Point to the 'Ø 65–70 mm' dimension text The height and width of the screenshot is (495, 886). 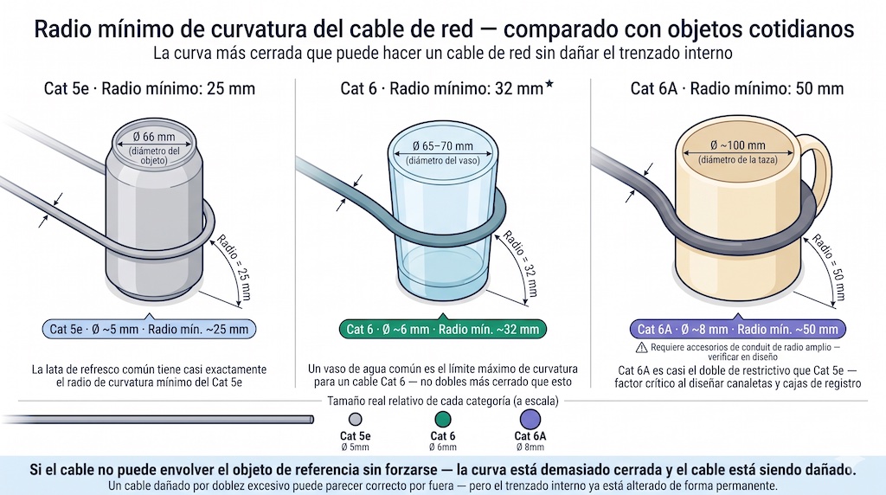[x=442, y=145]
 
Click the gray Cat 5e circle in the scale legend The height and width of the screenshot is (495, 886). [x=355, y=420]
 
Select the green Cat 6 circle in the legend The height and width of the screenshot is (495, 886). [x=443, y=420]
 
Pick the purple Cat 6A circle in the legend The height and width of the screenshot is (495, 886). [x=530, y=420]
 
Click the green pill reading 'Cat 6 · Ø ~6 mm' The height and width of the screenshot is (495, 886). [x=442, y=329]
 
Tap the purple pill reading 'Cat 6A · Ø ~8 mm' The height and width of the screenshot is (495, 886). [x=737, y=329]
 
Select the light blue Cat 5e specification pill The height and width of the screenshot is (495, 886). [x=149, y=329]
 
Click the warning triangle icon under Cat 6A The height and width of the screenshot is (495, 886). [x=641, y=347]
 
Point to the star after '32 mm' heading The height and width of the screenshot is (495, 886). [x=549, y=85]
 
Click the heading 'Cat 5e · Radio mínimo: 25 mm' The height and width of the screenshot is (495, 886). [x=149, y=88]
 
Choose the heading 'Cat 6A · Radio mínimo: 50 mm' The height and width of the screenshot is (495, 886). [x=736, y=88]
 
